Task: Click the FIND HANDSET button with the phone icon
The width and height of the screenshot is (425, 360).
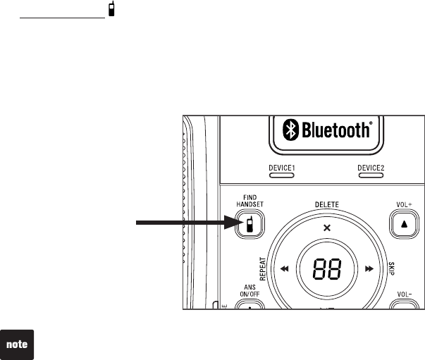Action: (250, 224)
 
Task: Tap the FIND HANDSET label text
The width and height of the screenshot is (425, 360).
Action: (249, 201)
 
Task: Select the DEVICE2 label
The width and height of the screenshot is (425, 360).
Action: (371, 167)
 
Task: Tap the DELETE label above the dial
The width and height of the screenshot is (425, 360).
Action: (326, 204)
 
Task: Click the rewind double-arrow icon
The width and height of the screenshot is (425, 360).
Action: (285, 268)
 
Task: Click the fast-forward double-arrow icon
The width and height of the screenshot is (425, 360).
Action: (369, 268)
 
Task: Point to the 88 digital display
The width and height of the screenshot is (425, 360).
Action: (326, 268)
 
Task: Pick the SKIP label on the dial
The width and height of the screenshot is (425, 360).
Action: (390, 267)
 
